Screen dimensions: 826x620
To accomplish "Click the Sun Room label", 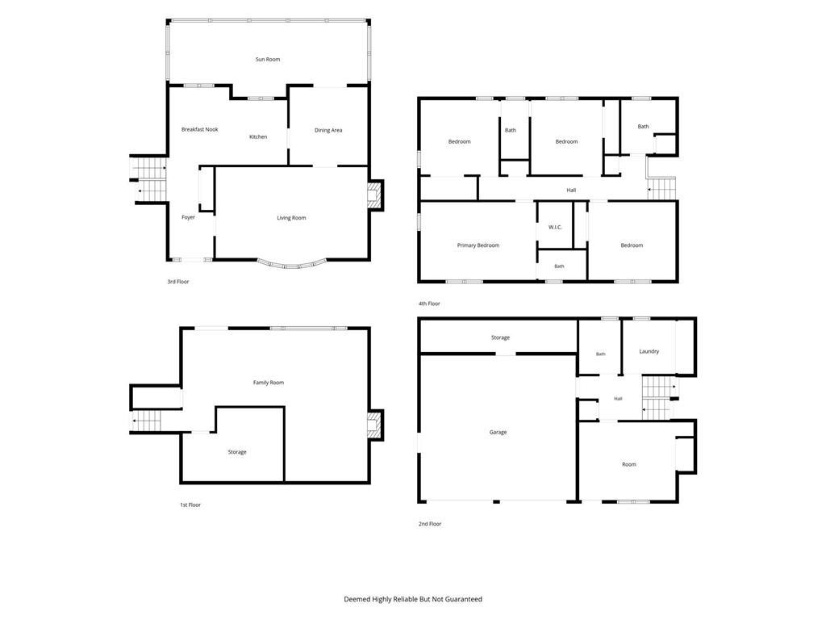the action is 268,60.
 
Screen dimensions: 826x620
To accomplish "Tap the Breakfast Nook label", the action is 200,129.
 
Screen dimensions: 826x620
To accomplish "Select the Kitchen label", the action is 258,136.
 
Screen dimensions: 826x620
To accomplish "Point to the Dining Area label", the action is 328,130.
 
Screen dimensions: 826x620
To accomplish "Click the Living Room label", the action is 291,218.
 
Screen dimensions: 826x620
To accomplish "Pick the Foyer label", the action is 188,217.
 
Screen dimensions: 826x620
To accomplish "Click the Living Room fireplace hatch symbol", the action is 373,195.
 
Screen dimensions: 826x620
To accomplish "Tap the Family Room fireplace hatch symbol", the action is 373,424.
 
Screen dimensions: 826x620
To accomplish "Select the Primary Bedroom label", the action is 478,245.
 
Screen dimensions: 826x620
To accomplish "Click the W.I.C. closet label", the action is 555,227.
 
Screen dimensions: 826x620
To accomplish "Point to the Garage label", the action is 498,433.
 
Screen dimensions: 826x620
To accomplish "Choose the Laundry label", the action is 649,351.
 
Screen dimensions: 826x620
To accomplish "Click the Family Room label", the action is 269,383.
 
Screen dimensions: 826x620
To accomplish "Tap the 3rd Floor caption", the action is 178,282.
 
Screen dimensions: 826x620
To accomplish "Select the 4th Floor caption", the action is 429,304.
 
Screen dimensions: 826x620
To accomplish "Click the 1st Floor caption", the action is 190,505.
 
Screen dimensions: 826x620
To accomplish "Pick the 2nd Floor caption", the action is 430,524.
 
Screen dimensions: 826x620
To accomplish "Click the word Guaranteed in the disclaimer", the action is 464,599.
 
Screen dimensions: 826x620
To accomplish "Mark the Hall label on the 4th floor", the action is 571,191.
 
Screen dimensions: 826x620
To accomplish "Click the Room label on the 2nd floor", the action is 629,464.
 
